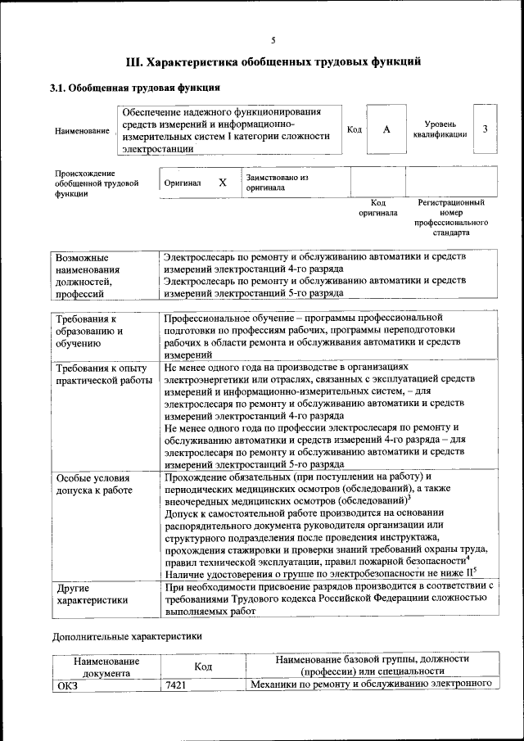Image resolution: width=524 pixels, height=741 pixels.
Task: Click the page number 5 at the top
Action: click(x=273, y=40)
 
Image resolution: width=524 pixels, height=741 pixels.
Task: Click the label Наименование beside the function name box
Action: click(x=82, y=131)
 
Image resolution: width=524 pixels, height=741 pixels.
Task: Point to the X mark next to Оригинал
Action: click(x=222, y=183)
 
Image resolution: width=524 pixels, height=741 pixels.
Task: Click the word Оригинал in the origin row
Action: click(x=183, y=183)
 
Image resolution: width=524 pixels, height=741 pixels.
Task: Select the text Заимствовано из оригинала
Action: click(x=277, y=182)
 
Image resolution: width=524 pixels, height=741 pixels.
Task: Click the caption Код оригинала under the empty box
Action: click(x=377, y=207)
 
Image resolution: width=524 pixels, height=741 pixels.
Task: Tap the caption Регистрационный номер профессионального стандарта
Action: click(x=451, y=217)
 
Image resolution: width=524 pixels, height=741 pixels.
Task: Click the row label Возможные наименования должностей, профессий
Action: click(x=88, y=274)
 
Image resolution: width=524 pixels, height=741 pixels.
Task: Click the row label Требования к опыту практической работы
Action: click(x=102, y=375)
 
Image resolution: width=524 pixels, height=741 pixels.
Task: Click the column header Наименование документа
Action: click(x=106, y=666)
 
